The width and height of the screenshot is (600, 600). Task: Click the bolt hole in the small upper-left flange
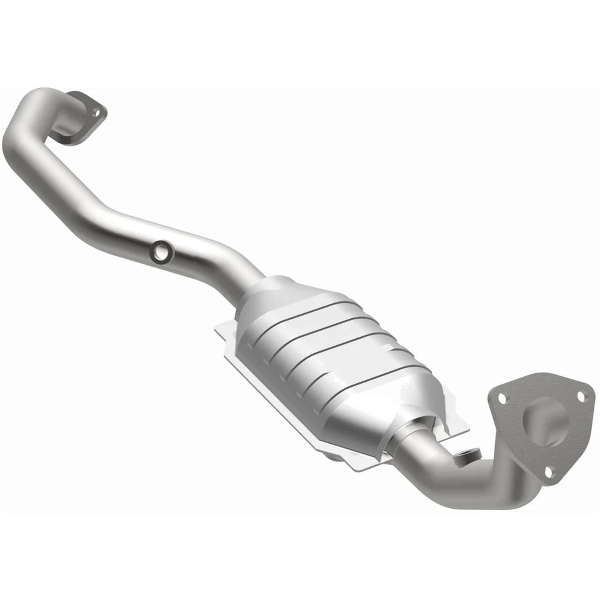[x=96, y=112]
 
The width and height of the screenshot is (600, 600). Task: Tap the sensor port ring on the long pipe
[x=162, y=251]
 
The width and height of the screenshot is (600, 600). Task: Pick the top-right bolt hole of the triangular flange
[x=581, y=396]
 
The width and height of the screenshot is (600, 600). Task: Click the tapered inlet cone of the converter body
[x=275, y=294]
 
